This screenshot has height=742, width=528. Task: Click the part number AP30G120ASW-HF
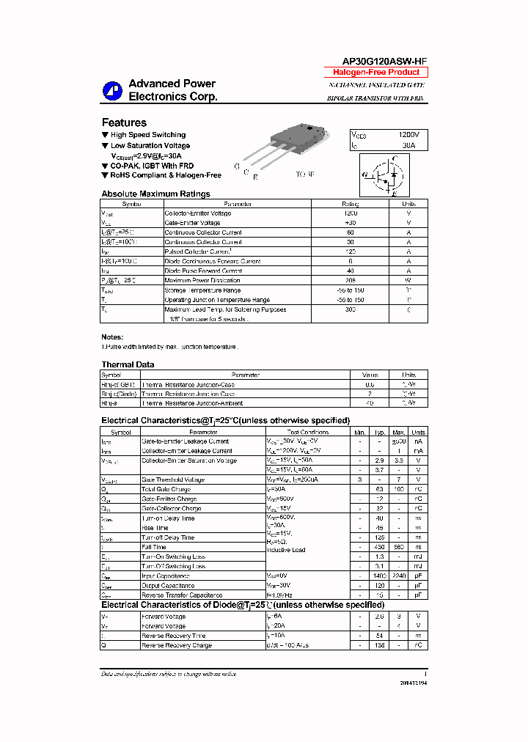(x=374, y=62)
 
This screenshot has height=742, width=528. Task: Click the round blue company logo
(x=114, y=89)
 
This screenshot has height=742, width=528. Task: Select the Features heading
(x=124, y=122)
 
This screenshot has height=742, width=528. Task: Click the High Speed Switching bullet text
(x=147, y=135)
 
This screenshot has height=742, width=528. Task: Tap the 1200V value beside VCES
(x=408, y=136)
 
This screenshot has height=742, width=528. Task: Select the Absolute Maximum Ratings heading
(x=155, y=194)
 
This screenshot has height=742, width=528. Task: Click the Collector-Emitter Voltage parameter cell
(x=198, y=213)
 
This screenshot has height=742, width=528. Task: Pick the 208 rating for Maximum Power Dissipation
(x=350, y=280)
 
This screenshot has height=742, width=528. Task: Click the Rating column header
(x=350, y=204)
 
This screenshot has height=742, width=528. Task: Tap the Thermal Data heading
(x=128, y=364)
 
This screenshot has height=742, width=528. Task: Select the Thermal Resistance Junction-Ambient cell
(x=192, y=403)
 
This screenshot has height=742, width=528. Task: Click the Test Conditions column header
(x=308, y=433)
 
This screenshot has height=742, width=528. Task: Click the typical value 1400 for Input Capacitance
(x=379, y=576)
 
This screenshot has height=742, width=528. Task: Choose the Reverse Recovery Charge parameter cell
(x=176, y=645)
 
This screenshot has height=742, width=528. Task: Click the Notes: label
(x=112, y=337)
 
